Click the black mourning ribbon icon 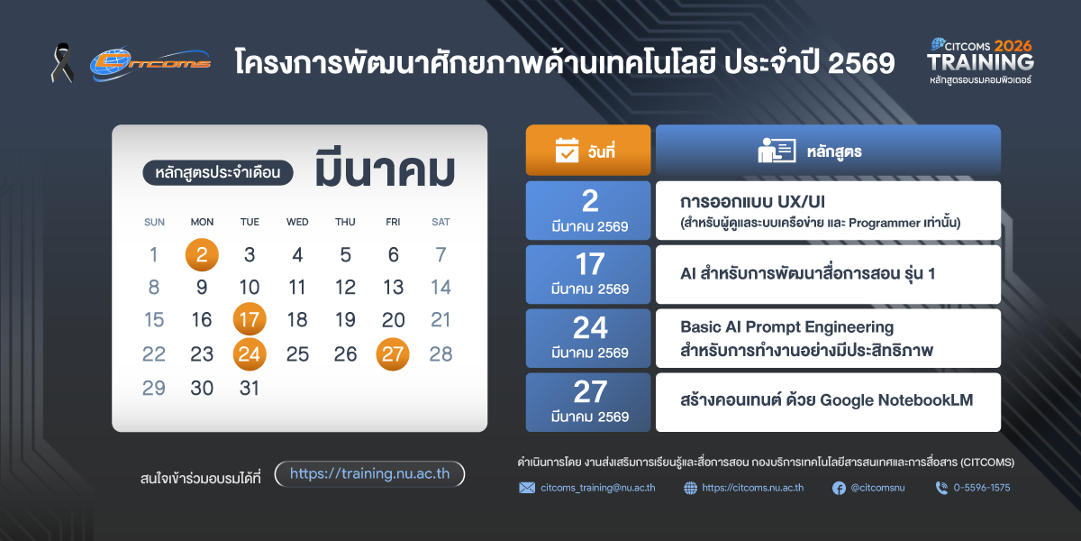[x=62, y=63]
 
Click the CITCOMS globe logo [x=150, y=63]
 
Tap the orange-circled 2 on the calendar [x=202, y=254]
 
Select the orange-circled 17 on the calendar [x=250, y=319]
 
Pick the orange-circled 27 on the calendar [x=393, y=354]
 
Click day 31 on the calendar [x=250, y=388]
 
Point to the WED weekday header [x=297, y=222]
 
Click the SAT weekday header [x=441, y=222]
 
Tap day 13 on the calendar [x=394, y=288]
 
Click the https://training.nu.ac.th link [x=369, y=474]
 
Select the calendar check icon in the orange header [x=567, y=150]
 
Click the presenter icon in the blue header [x=777, y=151]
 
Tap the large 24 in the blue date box [x=590, y=328]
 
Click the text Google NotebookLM [x=896, y=400]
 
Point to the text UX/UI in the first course [x=802, y=201]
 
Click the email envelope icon [x=527, y=488]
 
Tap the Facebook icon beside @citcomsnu [x=840, y=489]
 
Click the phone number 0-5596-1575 [x=982, y=488]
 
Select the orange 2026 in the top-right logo [x=1013, y=46]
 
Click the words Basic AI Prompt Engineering [x=787, y=328]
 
